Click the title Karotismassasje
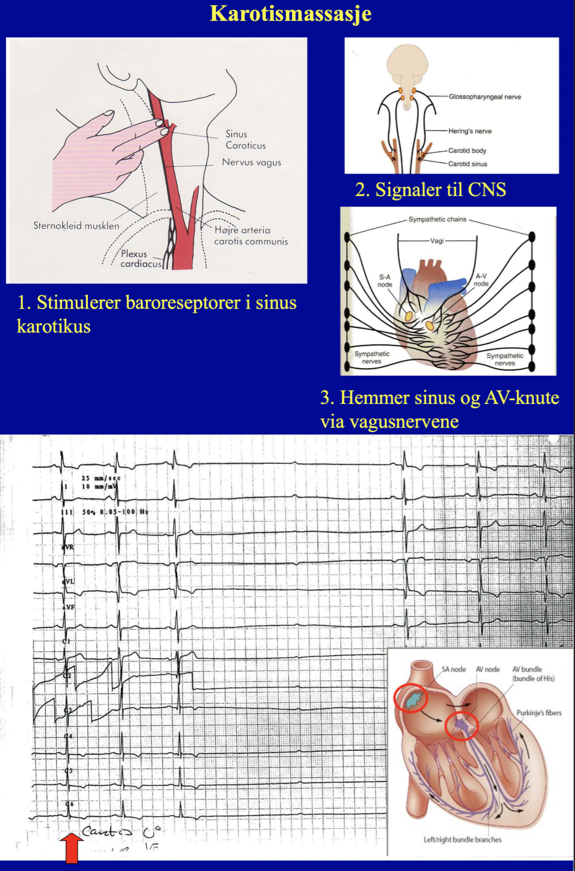point(291,13)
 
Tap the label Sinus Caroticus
point(245,140)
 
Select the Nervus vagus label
point(251,162)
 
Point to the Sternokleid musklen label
point(76,225)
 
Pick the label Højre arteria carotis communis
point(251,236)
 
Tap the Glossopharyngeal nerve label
point(485,97)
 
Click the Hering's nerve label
point(469,131)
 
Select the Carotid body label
point(467,151)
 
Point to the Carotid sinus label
point(467,164)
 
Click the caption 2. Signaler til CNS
point(430,190)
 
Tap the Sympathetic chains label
point(437,219)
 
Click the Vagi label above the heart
point(437,241)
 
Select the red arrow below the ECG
point(71,847)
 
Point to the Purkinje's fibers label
point(539,713)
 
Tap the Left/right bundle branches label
point(463,839)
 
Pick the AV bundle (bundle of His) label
point(533,673)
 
